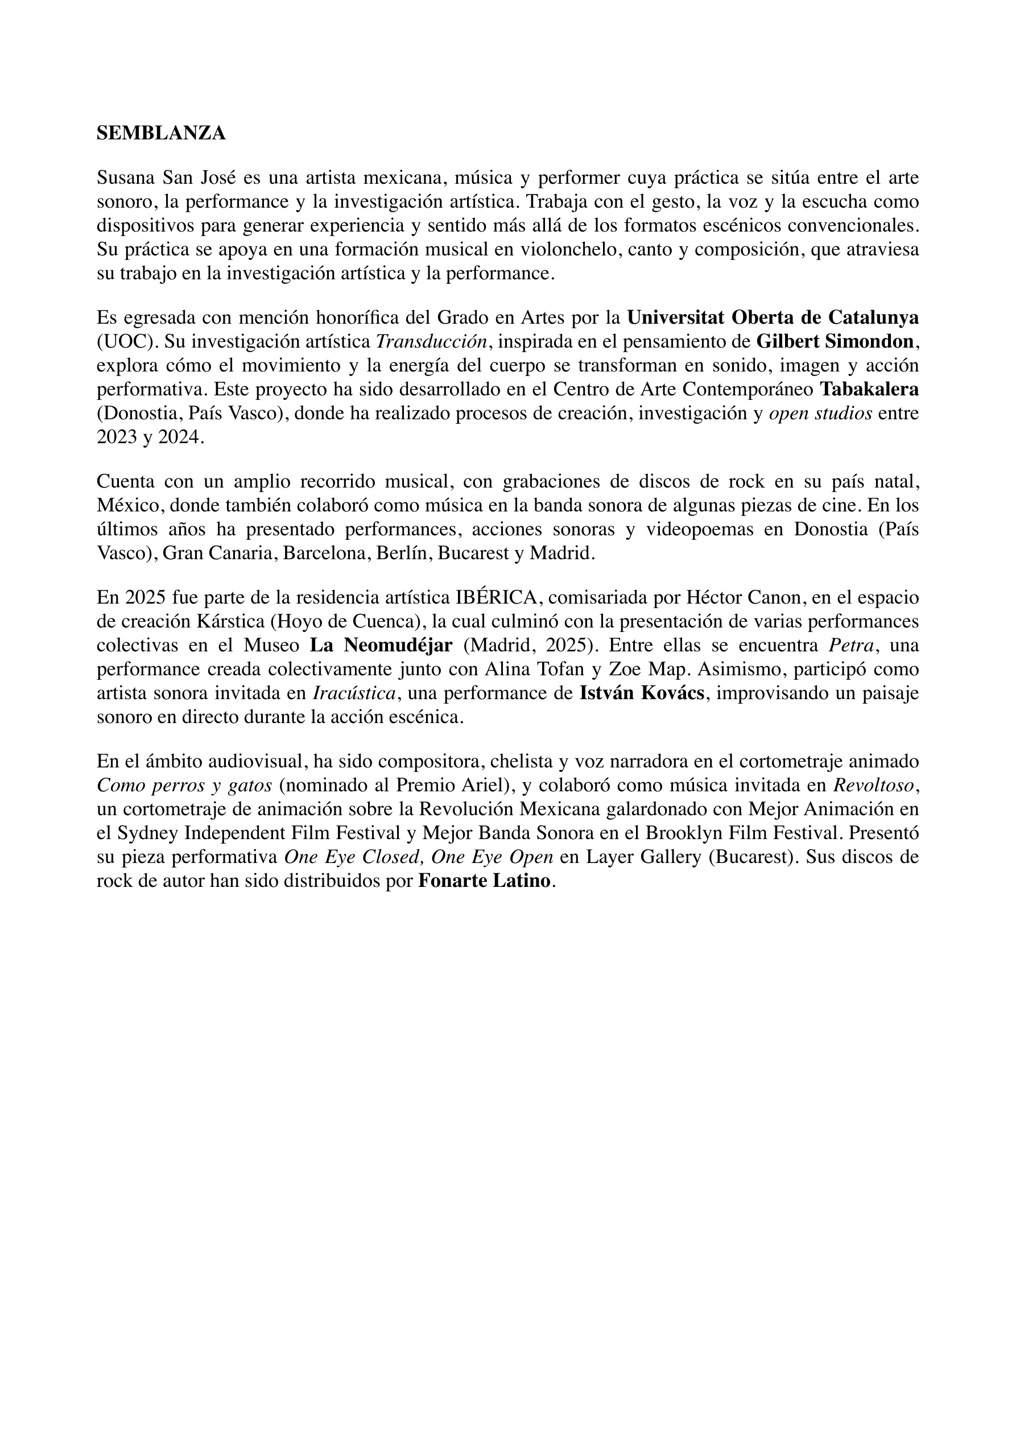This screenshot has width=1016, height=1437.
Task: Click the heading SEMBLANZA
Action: pyautogui.click(x=161, y=133)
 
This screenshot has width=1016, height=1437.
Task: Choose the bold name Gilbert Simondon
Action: pyautogui.click(x=836, y=342)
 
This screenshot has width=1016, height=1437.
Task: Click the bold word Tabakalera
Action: pyautogui.click(x=869, y=389)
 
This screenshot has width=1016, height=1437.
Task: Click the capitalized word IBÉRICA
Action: pyautogui.click(x=497, y=597)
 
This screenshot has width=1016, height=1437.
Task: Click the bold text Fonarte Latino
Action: pyautogui.click(x=485, y=881)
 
